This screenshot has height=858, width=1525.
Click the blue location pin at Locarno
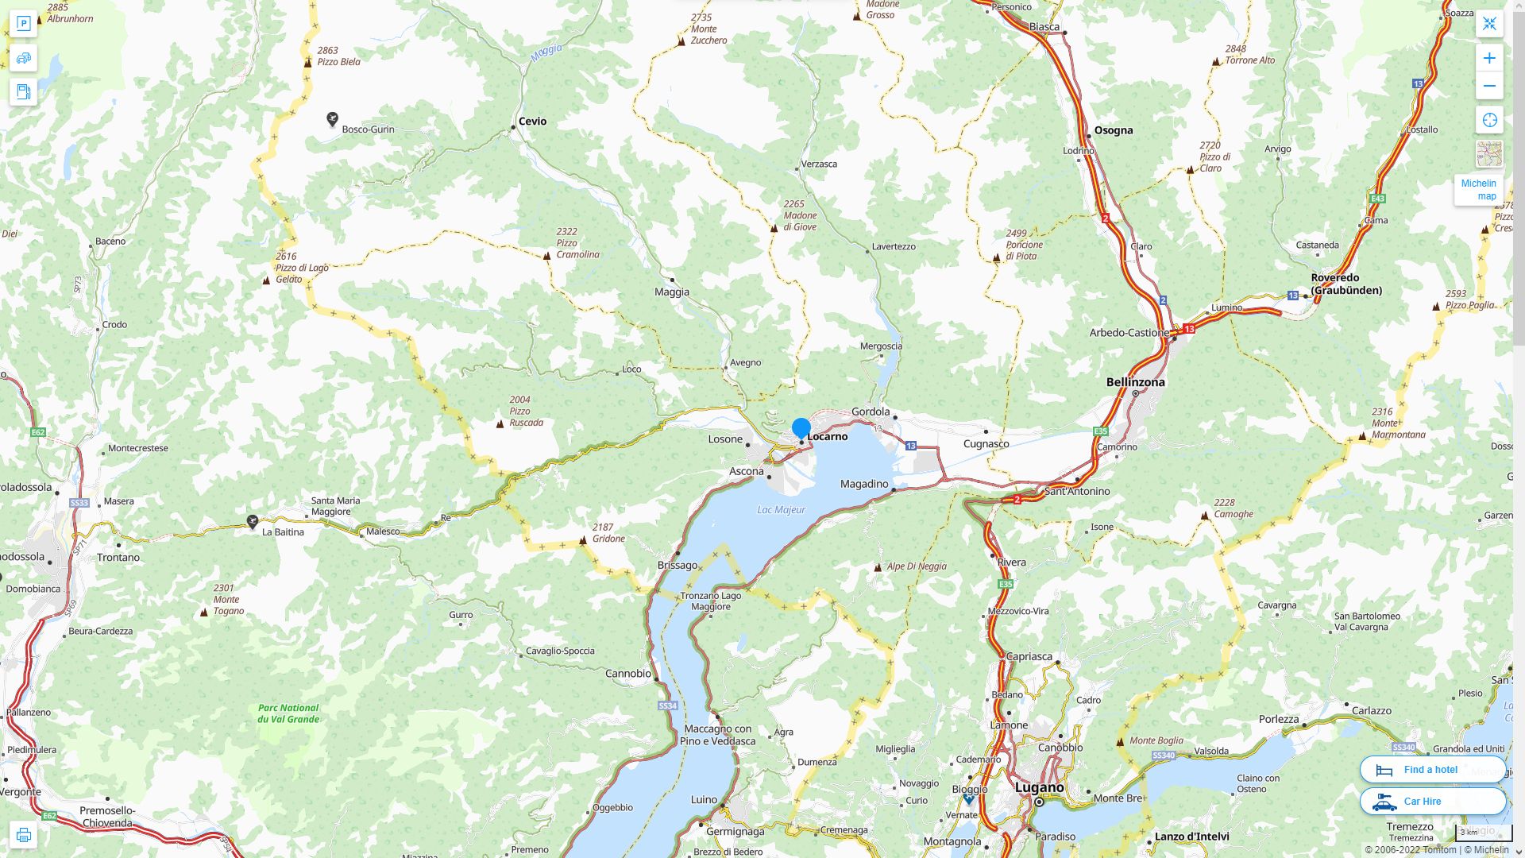(801, 428)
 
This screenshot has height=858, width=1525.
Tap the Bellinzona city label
(1135, 382)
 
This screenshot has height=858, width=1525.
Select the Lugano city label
(1039, 787)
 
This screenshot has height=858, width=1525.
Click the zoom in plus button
(1489, 58)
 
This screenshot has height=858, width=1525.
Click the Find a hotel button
(1432, 770)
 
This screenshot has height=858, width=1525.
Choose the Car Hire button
(1432, 802)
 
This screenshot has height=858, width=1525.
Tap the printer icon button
(23, 835)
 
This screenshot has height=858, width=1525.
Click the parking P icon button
(23, 24)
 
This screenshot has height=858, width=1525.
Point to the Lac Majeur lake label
(781, 510)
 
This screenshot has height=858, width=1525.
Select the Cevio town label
(532, 122)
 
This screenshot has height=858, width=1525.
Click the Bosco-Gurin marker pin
(333, 119)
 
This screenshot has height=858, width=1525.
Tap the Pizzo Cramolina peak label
(577, 243)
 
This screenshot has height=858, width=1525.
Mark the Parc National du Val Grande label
(288, 713)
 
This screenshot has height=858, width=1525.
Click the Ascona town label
(746, 472)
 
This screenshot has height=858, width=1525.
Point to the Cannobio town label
(627, 674)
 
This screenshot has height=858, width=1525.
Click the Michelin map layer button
(1479, 190)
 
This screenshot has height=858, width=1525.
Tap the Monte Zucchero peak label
(708, 29)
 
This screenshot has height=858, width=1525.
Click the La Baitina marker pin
(253, 521)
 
